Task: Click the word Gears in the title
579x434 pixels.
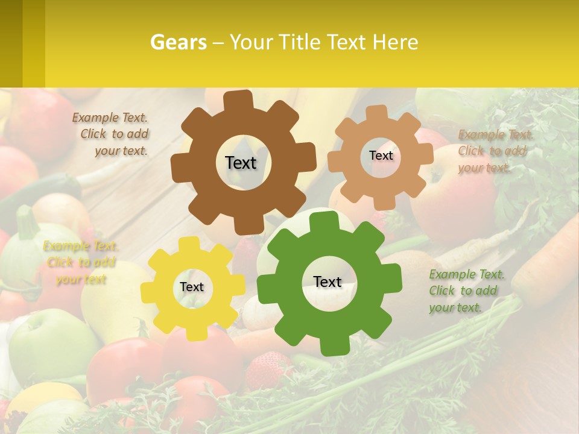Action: pyautogui.click(x=178, y=42)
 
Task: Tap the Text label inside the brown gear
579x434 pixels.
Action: pyautogui.click(x=241, y=163)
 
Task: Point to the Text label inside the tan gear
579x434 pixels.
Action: pyautogui.click(x=381, y=156)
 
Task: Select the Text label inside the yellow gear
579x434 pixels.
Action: pyautogui.click(x=192, y=288)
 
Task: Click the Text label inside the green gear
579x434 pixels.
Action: pyautogui.click(x=327, y=281)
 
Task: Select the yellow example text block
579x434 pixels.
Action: pyautogui.click(x=80, y=262)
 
